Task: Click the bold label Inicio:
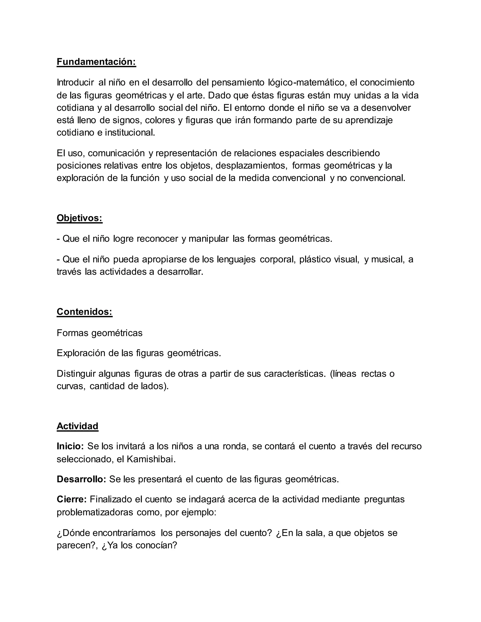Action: (70, 446)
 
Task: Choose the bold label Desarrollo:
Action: (81, 479)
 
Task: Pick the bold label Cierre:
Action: (72, 499)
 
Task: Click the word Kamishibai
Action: (151, 459)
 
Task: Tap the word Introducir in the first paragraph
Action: (75, 82)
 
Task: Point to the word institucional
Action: (130, 132)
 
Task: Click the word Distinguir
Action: (76, 373)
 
